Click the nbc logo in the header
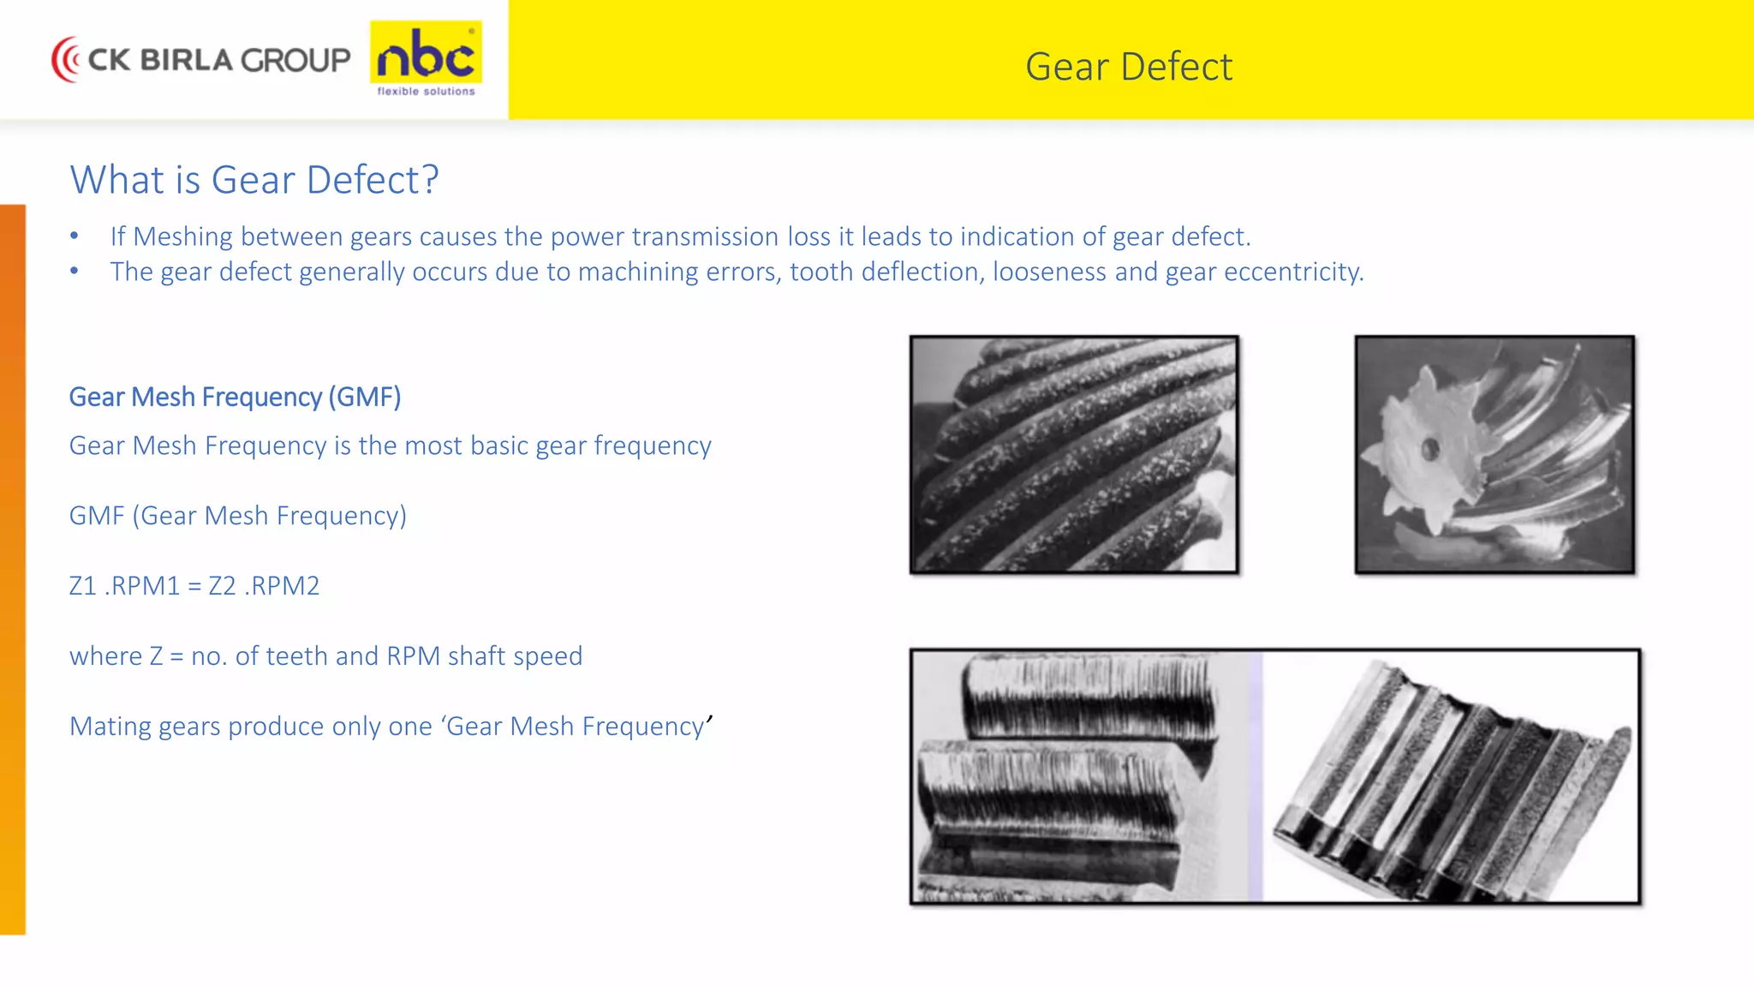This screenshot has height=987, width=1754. tap(426, 56)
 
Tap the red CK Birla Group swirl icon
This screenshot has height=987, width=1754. tap(66, 59)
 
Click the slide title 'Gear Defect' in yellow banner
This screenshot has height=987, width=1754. tap(1128, 67)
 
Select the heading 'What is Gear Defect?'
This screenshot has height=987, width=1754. tap(254, 180)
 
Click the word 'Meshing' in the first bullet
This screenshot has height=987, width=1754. tap(182, 236)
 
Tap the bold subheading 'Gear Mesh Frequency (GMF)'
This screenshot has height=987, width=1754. tap(235, 397)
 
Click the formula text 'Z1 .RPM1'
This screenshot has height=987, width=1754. tap(124, 586)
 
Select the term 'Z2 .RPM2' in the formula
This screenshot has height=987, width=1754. tap(264, 586)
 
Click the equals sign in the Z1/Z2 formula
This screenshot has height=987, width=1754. tap(194, 586)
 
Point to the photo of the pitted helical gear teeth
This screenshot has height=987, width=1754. tap(1074, 454)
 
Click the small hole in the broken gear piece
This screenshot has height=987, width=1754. tap(1429, 447)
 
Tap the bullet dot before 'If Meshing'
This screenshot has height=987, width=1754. tap(75, 236)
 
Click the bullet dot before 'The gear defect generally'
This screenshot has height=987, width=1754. tap(75, 271)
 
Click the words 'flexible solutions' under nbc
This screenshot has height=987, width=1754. tap(426, 91)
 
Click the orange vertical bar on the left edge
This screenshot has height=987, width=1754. tap(13, 565)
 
